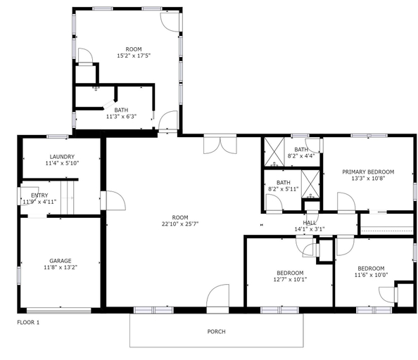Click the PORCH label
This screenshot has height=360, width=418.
click(x=216, y=331)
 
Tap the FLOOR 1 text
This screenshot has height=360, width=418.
click(x=28, y=323)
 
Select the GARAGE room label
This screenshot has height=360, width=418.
click(x=61, y=261)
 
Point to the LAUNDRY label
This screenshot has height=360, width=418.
click(x=62, y=157)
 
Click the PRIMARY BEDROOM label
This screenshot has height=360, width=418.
click(x=368, y=172)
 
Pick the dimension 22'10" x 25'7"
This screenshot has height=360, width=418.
click(x=180, y=224)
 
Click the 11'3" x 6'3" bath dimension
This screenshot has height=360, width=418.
click(x=121, y=117)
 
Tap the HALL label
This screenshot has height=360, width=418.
click(x=310, y=223)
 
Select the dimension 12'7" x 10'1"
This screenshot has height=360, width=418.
click(x=290, y=280)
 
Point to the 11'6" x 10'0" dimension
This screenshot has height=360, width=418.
click(x=371, y=275)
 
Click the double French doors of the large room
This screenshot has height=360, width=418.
click(x=220, y=144)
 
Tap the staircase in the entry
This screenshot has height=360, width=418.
click(x=67, y=198)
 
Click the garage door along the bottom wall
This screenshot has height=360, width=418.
click(x=59, y=311)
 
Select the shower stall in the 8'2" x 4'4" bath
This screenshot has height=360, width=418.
click(x=274, y=152)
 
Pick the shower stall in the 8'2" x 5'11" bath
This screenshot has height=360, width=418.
click(x=310, y=184)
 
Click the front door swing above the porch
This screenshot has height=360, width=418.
click(x=218, y=296)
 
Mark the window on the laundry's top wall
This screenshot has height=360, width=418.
click(x=57, y=136)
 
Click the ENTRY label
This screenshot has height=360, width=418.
click(x=39, y=195)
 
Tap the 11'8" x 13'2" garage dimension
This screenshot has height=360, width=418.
click(x=61, y=267)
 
